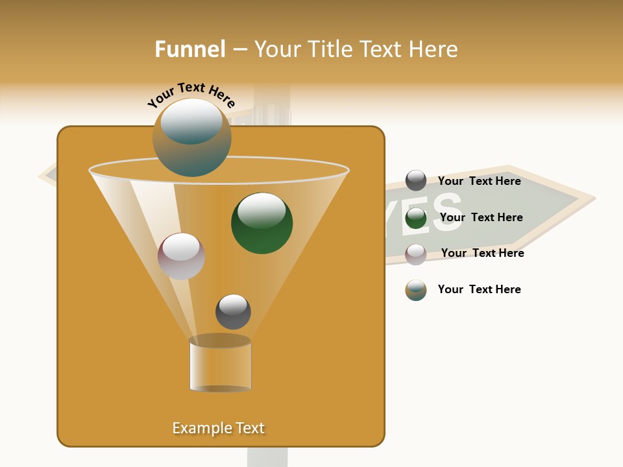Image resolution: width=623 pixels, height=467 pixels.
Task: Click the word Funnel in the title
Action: coord(190,49)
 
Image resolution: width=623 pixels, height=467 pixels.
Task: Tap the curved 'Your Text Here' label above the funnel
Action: coord(191,96)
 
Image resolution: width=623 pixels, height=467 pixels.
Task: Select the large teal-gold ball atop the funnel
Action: coord(191,137)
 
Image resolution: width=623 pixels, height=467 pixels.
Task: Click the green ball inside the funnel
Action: coord(262,223)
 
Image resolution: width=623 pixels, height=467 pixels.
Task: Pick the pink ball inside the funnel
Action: coord(181,256)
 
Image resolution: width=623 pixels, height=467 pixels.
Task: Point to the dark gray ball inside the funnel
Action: coord(233,311)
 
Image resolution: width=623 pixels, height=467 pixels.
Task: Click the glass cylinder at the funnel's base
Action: coord(220,364)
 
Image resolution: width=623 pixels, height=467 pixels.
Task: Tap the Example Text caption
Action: coord(218,428)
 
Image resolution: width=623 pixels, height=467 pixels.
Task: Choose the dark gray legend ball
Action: coord(416,180)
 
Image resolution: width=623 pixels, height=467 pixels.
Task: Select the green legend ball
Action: coord(416,218)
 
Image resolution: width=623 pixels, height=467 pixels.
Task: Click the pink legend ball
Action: coord(416,254)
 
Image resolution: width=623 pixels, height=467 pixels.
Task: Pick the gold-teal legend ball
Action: coord(416,290)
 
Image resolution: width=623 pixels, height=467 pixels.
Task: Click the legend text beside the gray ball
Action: coord(479,181)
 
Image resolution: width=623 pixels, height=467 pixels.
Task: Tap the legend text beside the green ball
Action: coord(481,217)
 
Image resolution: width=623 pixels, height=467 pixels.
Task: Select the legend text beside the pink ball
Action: coord(482,253)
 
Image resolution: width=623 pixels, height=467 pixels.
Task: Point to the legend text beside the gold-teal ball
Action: coord(479,289)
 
